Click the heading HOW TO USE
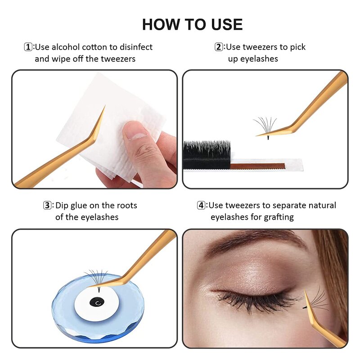click(192, 24)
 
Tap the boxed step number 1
click(28, 47)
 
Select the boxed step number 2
click(219, 47)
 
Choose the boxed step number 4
click(202, 206)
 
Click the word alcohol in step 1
click(67, 47)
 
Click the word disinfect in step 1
click(133, 47)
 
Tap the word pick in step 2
click(296, 47)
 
